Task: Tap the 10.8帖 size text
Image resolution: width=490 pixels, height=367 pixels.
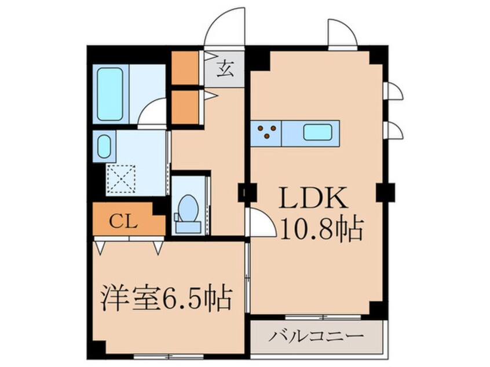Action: coord(322,230)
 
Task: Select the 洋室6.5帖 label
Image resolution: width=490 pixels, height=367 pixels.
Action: coord(165,300)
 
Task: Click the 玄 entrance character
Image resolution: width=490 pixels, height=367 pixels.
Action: coord(225,69)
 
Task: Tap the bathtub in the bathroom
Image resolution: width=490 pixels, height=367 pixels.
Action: coord(110,94)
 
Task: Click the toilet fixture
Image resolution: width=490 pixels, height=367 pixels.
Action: coord(187,211)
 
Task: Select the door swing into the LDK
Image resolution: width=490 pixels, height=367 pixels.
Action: coord(260,222)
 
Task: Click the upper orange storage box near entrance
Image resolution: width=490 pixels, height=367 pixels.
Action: coord(185,68)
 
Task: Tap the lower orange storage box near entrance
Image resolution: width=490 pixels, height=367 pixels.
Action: coord(185,106)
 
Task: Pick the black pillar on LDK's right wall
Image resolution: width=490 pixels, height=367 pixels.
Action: coord(385,191)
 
